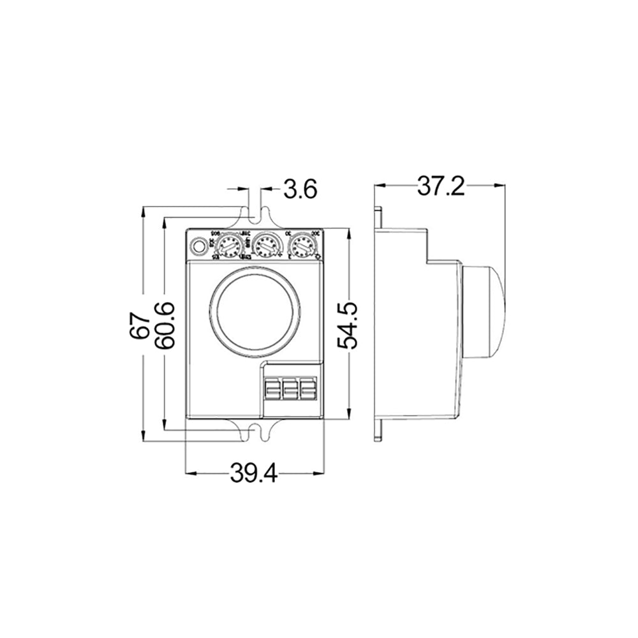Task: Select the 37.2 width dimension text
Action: click(441, 186)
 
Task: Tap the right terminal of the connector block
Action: click(308, 389)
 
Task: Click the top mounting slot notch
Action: click(255, 215)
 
